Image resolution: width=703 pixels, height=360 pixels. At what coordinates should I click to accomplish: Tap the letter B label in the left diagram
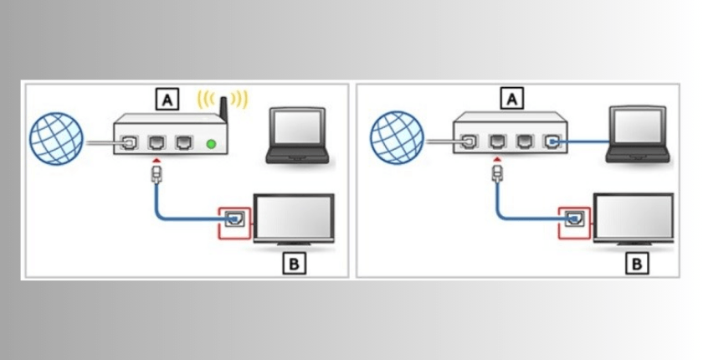pos(296,265)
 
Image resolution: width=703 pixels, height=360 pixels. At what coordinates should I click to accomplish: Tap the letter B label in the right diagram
pos(637,265)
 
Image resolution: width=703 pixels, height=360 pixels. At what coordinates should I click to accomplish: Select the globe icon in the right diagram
pos(397,137)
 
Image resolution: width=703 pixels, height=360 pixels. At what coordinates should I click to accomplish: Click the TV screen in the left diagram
pos(293,218)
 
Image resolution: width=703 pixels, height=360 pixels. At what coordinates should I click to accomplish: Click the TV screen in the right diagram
pos(634,218)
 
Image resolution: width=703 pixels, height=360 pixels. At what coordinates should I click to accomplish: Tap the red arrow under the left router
pos(157,159)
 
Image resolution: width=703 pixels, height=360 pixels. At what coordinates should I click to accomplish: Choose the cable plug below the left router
pos(157,174)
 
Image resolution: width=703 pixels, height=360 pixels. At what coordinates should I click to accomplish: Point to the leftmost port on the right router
pos(465,143)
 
